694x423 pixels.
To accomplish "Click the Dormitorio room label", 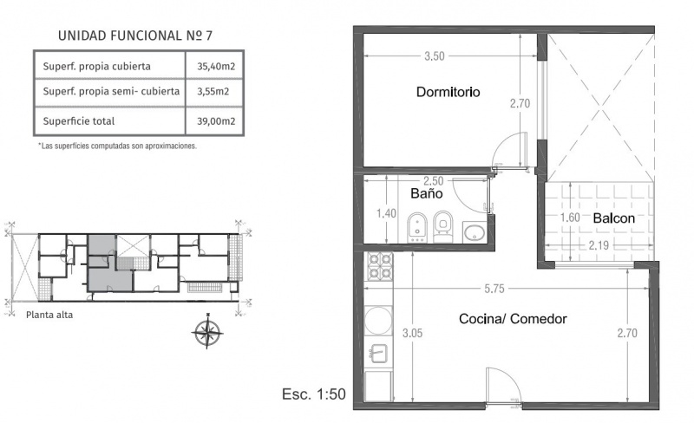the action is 448,92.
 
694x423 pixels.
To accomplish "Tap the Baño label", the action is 427,193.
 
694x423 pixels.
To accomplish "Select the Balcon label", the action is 614,218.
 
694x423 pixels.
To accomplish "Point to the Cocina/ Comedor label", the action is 513,319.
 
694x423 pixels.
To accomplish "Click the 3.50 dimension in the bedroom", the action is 435,56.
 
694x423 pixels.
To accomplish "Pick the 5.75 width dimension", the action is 494,289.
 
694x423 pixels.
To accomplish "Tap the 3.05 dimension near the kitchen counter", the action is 413,333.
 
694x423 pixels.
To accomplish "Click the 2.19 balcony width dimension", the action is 599,245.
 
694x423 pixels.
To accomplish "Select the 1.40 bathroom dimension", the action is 386,214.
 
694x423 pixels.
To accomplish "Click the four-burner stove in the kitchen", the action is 380,266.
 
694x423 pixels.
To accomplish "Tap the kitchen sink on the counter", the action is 378,354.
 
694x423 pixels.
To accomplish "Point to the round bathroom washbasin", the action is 474,233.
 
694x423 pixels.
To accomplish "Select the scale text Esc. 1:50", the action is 314,394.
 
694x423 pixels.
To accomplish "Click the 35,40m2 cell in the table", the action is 216,67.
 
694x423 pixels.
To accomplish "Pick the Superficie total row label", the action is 79,120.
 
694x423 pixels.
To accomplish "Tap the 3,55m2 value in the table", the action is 213,91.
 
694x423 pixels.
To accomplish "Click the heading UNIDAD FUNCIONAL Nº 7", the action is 135,36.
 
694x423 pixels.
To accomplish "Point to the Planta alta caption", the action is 49,315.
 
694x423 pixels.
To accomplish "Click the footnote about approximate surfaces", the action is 117,146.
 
